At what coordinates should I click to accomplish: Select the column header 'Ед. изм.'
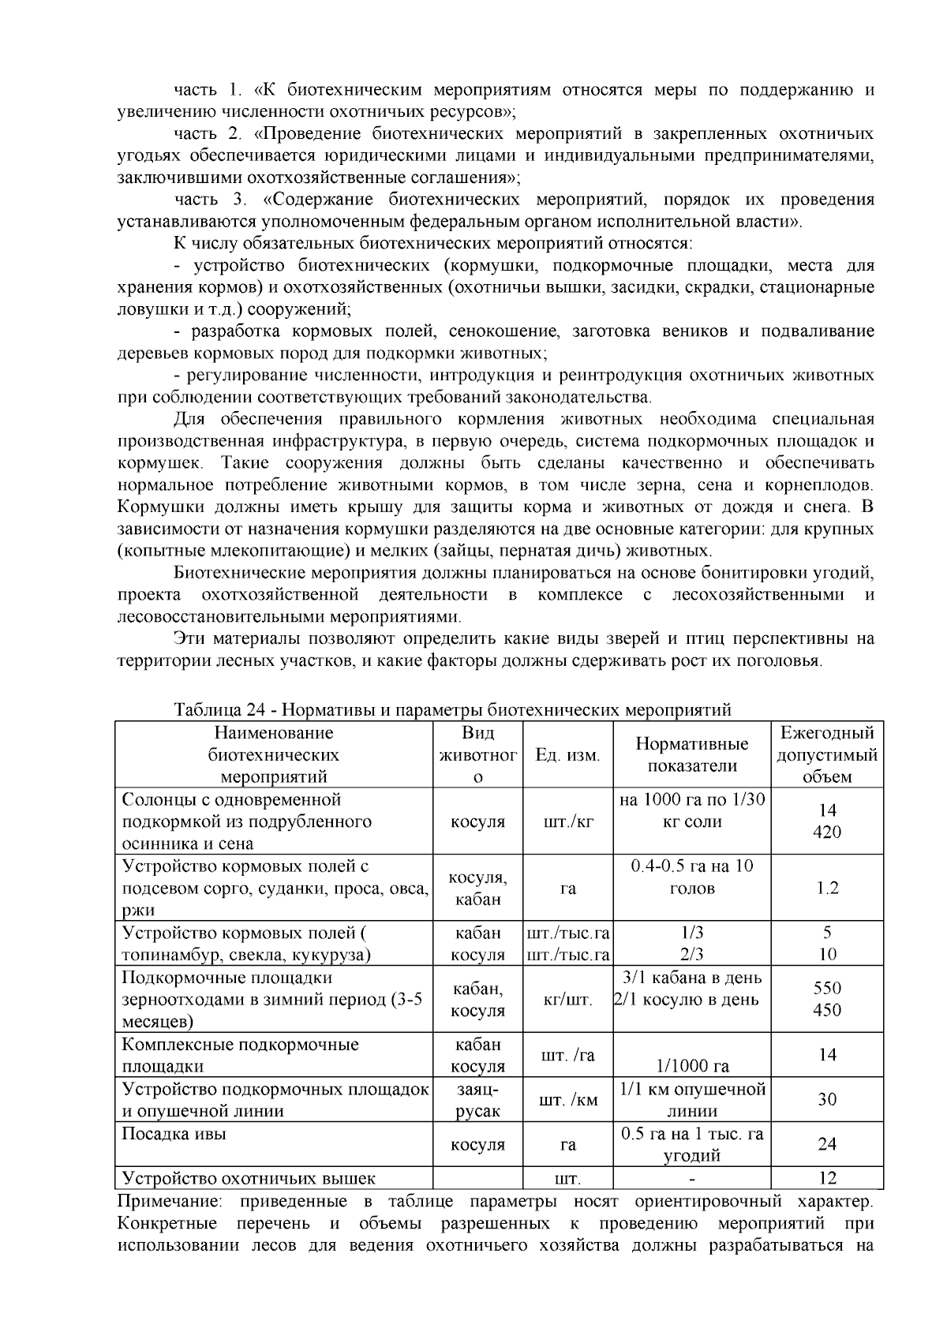point(567,755)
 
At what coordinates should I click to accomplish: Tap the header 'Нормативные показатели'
point(691,755)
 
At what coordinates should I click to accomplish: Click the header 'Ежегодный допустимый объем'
point(826,755)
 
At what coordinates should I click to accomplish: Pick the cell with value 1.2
point(826,888)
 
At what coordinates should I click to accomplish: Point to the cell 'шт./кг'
point(567,821)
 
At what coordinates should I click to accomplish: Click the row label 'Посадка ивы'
point(174,1134)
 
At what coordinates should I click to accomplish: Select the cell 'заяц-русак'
point(477,1100)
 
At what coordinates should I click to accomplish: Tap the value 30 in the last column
point(826,1099)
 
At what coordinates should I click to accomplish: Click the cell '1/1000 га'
point(691,1067)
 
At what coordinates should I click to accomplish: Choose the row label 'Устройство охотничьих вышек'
point(249,1179)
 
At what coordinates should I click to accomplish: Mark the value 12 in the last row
point(826,1178)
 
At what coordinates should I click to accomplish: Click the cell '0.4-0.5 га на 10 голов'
point(691,877)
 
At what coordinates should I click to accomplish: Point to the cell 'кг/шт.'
point(567,1000)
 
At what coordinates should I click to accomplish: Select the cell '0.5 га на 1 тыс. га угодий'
point(691,1145)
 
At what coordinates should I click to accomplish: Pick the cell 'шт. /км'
point(567,1100)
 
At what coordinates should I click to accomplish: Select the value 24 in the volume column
point(826,1144)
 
